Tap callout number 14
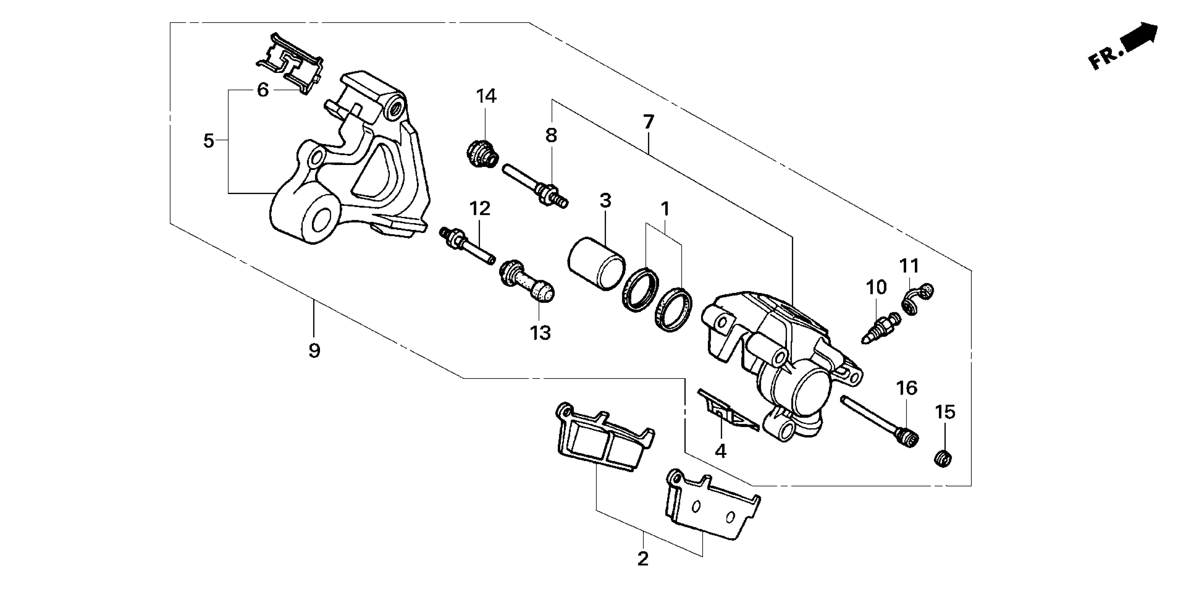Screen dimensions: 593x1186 tap(486, 97)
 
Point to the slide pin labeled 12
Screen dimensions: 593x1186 tap(468, 244)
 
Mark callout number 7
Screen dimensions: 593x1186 tap(648, 122)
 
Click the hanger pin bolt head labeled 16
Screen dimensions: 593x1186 tap(905, 437)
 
